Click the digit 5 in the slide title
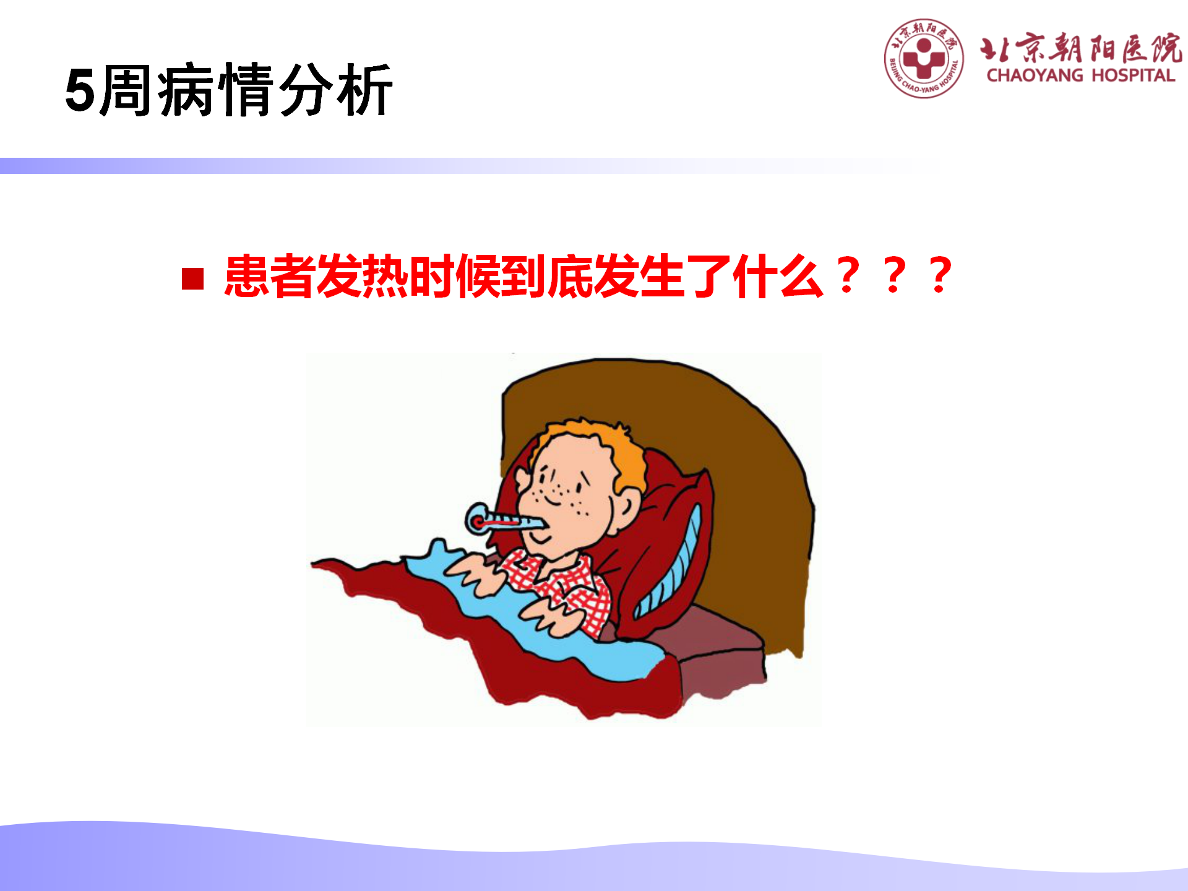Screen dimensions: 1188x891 pyautogui.click(x=80, y=90)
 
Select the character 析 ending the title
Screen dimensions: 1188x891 pyautogui.click(x=364, y=90)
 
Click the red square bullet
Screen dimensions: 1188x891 pyautogui.click(x=193, y=278)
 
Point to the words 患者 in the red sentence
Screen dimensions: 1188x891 pyautogui.click(x=270, y=276)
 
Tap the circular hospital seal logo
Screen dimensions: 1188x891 pyautogui.click(x=924, y=58)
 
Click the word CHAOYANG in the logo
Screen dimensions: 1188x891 pyautogui.click(x=1035, y=75)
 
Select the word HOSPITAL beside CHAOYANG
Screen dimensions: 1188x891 pyautogui.click(x=1133, y=75)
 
